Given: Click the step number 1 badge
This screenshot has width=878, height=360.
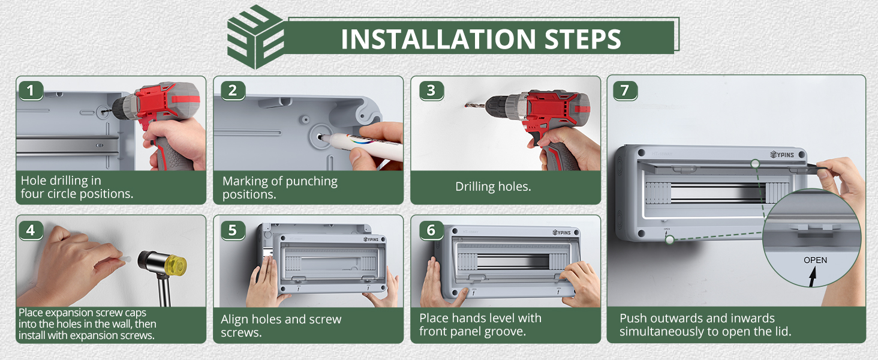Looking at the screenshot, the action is pyautogui.click(x=31, y=91).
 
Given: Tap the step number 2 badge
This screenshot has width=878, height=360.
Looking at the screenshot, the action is pyautogui.click(x=233, y=91).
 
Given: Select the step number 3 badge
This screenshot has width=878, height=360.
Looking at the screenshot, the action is pyautogui.click(x=431, y=91).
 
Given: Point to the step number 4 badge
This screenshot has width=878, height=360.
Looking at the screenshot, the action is pyautogui.click(x=31, y=230).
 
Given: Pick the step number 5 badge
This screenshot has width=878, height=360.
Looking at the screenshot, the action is pyautogui.click(x=233, y=230).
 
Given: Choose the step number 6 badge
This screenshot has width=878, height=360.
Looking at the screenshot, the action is pyautogui.click(x=431, y=230).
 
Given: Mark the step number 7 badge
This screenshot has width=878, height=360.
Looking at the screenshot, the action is pyautogui.click(x=625, y=91).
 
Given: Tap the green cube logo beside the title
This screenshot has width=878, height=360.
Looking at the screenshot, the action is pyautogui.click(x=255, y=37).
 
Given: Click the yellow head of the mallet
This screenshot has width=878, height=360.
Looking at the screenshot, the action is pyautogui.click(x=176, y=265).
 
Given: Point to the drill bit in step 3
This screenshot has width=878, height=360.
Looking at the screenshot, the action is pyautogui.click(x=475, y=105).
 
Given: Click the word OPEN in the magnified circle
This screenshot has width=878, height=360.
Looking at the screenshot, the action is pyautogui.click(x=815, y=260).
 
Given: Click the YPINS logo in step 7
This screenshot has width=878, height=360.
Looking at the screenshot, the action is pyautogui.click(x=782, y=155).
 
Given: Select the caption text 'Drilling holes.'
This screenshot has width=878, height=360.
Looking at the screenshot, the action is pyautogui.click(x=493, y=187).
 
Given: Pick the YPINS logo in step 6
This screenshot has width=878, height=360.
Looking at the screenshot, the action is pyautogui.click(x=562, y=233).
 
